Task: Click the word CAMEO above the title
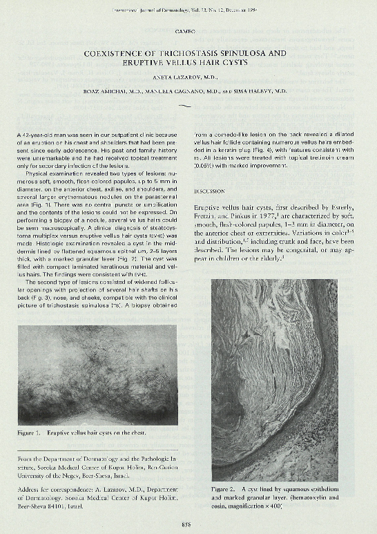click(188, 32)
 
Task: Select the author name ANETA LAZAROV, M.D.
click(188, 77)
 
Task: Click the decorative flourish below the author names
click(184, 105)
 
